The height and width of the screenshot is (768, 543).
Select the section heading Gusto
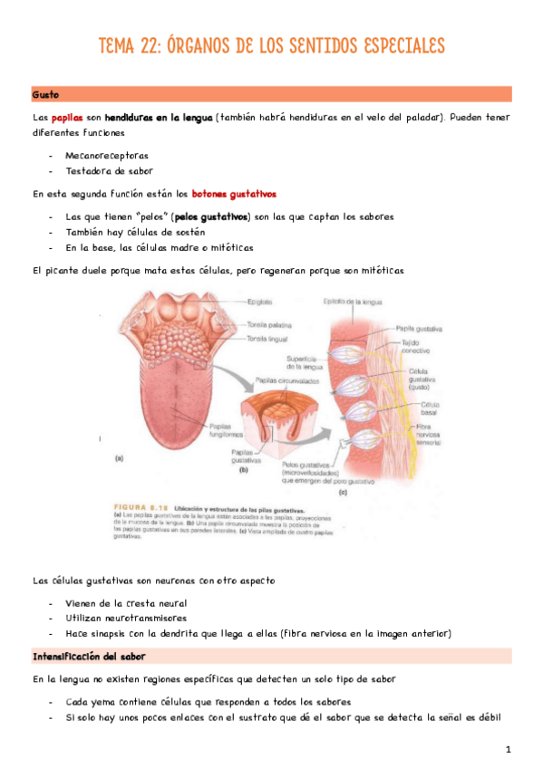pos(45,94)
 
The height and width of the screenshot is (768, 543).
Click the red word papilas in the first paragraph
pos(66,118)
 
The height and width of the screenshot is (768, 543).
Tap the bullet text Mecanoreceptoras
pos(107,155)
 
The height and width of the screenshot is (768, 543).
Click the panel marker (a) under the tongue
pos(119,459)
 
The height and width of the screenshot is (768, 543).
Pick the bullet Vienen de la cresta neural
pos(127,602)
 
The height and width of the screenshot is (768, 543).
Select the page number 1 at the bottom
pos(509,749)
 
